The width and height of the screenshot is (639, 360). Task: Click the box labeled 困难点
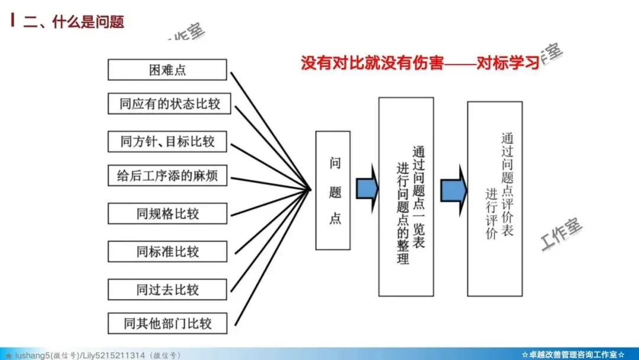167,70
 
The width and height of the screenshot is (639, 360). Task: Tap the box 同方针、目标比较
167,142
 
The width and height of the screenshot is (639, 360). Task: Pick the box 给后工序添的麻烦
167,176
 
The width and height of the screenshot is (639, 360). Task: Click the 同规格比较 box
167,214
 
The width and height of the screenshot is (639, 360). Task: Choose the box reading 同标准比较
167,252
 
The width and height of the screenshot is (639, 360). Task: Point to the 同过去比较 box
167,290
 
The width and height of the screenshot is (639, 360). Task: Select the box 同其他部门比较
167,323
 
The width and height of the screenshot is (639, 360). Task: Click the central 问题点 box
333,190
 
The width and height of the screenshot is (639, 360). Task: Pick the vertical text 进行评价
491,213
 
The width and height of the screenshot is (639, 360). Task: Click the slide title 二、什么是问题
73,22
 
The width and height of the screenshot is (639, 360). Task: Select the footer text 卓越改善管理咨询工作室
573,355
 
